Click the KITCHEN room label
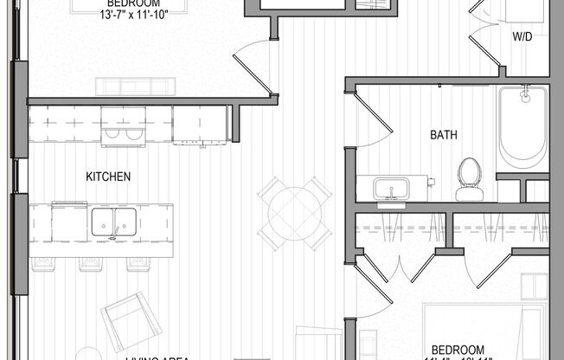coord(108,177)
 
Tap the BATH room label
coord(444,135)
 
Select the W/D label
coord(522,37)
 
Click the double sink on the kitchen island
coord(112,222)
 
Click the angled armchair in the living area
coord(130,320)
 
